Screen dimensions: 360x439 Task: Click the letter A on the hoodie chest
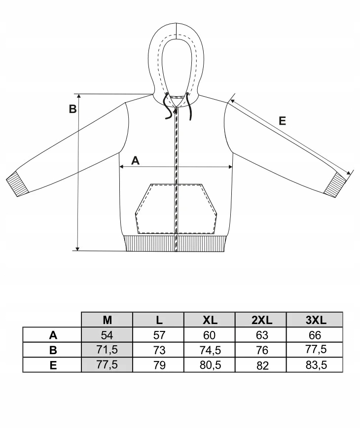(x=136, y=160)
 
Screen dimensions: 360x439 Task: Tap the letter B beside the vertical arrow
(x=72, y=109)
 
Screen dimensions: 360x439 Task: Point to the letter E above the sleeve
(x=282, y=121)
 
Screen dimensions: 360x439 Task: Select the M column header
(x=107, y=320)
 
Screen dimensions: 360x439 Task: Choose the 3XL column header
(x=314, y=320)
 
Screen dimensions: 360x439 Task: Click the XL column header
(x=210, y=320)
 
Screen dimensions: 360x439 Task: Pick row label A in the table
(x=53, y=335)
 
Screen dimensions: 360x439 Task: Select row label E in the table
(x=53, y=366)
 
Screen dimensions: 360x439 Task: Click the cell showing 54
(x=107, y=335)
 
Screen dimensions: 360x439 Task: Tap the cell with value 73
(x=158, y=350)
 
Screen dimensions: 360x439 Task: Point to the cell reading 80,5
(x=210, y=366)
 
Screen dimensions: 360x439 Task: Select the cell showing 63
(x=261, y=335)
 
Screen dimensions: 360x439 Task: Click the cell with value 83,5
(x=314, y=366)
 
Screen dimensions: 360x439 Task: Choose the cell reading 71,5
(x=107, y=350)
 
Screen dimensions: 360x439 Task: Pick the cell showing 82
(x=261, y=366)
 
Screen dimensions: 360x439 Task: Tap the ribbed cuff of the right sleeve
(x=338, y=184)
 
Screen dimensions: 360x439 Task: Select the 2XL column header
(x=261, y=320)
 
